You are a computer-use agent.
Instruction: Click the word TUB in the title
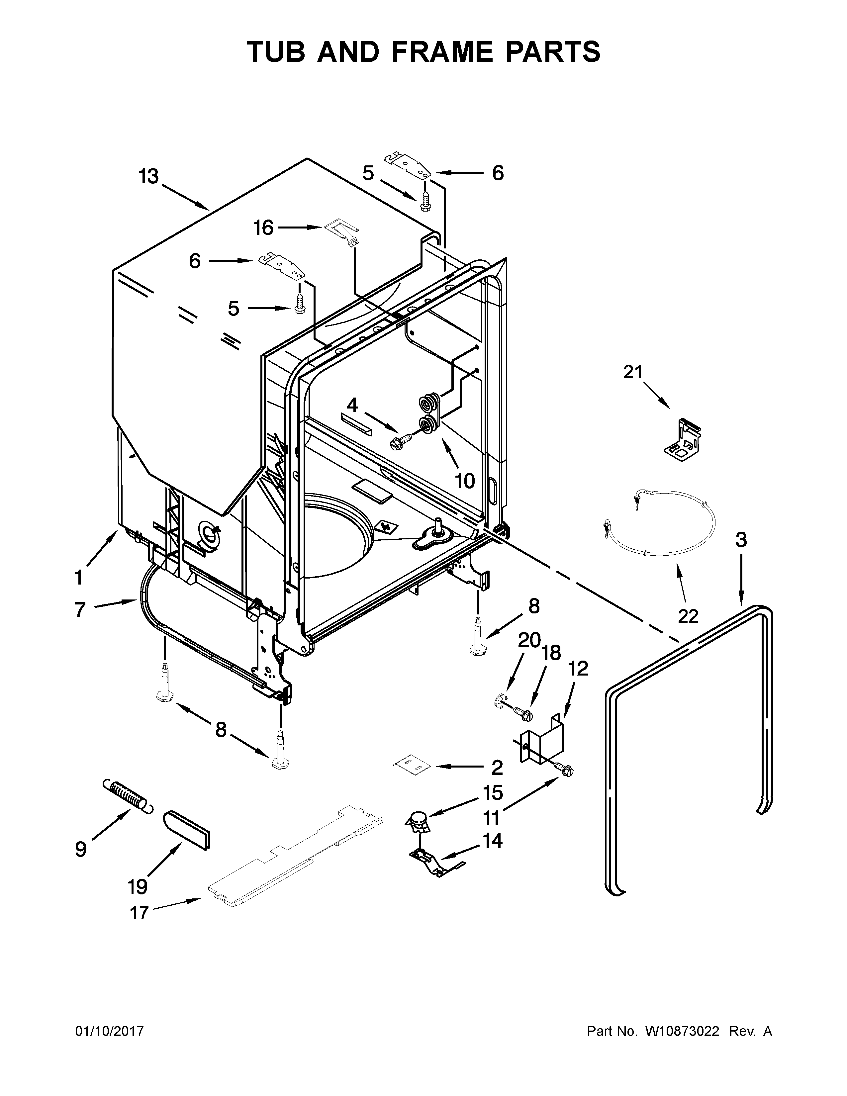276,52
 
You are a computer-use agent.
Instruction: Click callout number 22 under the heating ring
688,616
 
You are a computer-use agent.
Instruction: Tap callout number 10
465,481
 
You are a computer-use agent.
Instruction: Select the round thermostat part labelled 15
418,821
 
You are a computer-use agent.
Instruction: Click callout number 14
492,841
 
